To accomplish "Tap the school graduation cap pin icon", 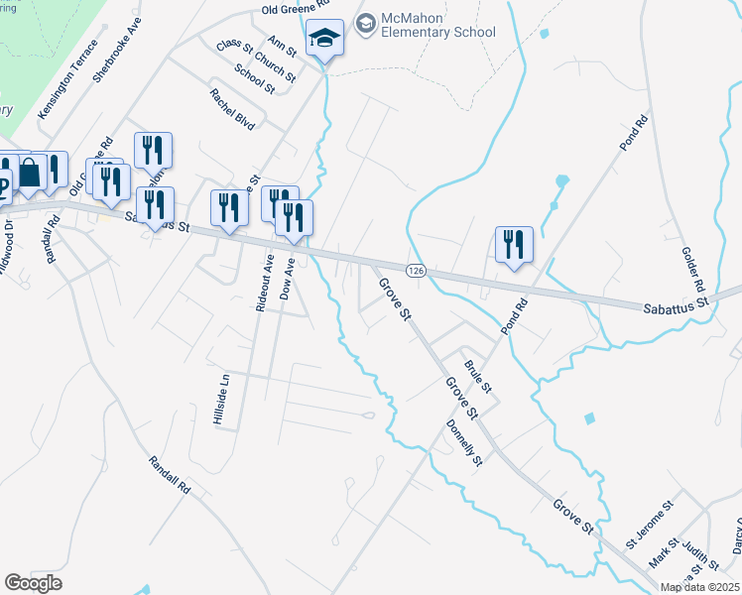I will (324, 39).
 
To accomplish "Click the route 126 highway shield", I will (415, 270).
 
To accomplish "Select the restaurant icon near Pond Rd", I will (514, 244).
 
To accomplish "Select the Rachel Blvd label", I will (232, 109).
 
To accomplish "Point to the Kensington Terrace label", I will (67, 80).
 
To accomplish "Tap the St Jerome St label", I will (649, 525).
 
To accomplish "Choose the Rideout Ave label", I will (264, 283).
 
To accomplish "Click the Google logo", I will (33, 582).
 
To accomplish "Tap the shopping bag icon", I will (31, 172).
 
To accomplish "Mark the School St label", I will (254, 78).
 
